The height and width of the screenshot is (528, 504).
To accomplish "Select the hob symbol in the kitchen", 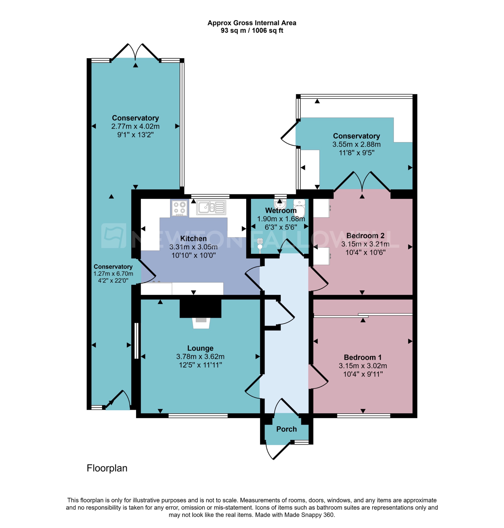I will click(x=180, y=208).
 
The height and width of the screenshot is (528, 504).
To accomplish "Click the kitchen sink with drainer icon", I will click(x=211, y=207).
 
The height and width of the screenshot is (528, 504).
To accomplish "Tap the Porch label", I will click(x=286, y=429).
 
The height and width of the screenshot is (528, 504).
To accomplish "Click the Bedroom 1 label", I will click(x=362, y=357).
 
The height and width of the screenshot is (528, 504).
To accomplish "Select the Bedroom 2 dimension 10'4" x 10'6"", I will click(x=365, y=252).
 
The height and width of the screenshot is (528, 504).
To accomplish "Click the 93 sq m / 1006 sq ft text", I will click(x=252, y=31).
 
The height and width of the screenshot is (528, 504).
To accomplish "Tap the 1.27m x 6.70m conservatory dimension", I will click(x=113, y=274).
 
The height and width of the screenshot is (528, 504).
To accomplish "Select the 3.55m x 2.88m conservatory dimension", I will click(x=356, y=144).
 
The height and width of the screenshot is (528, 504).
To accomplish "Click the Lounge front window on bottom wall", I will click(x=198, y=416).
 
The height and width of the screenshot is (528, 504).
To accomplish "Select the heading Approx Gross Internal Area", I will click(x=252, y=23).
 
